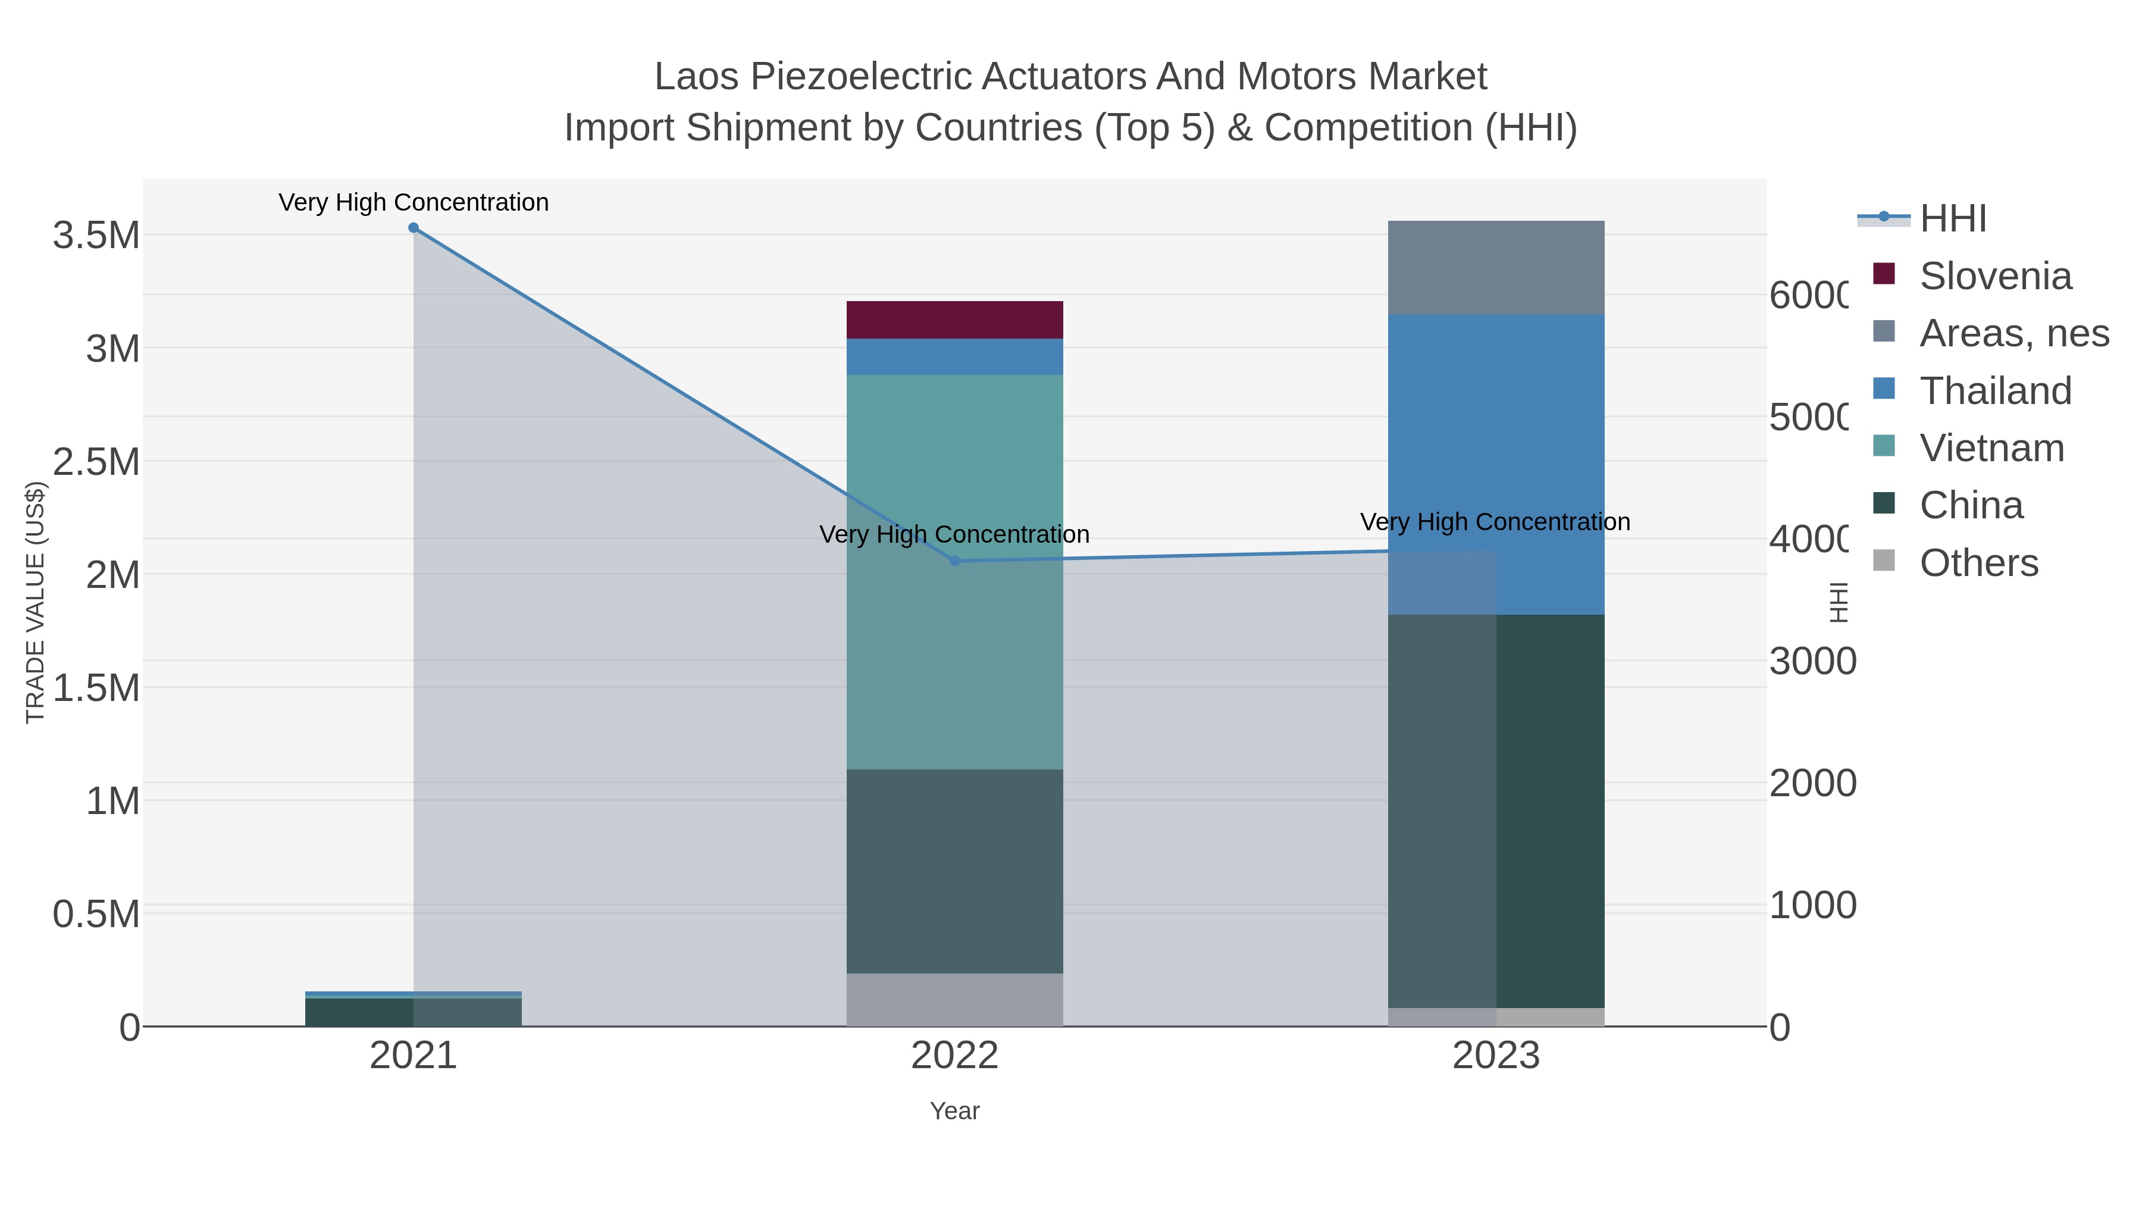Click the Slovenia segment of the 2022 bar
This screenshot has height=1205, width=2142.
[x=954, y=320]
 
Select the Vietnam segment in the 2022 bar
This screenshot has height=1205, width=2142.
[x=954, y=571]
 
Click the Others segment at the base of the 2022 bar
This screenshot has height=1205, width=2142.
[x=954, y=1000]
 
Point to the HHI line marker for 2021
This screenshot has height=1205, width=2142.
[x=414, y=228]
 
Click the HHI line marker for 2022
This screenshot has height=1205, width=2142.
[x=954, y=561]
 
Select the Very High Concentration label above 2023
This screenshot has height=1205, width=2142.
[x=1495, y=522]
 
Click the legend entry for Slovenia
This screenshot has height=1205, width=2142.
[x=1996, y=276]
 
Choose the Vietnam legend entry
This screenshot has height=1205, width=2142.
[x=1991, y=448]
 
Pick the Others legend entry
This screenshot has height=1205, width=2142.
[x=1979, y=563]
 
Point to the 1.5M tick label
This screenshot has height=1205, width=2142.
[x=96, y=688]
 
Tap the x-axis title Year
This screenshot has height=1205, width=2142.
[x=954, y=1111]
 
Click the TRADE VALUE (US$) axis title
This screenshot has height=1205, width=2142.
[x=35, y=602]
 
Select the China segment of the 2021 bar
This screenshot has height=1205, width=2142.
[x=359, y=1012]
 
